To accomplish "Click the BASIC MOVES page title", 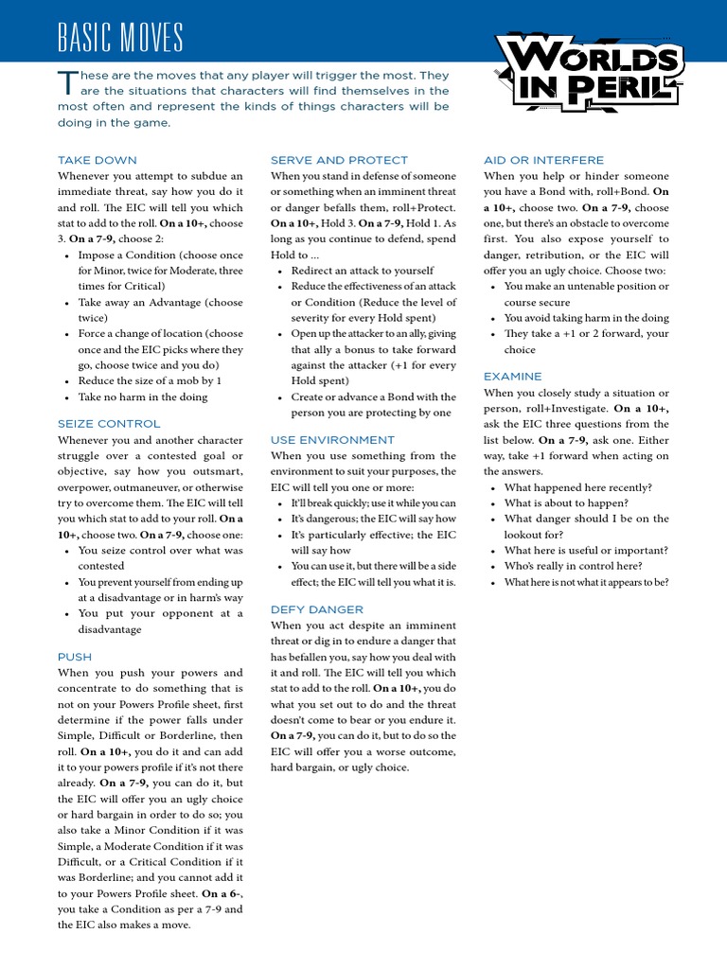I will pos(119,39).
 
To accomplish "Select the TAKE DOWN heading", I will pos(97,160).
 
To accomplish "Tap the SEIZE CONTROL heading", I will pos(109,424).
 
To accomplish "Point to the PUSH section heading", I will pos(75,656).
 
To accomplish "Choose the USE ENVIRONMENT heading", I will pos(332,440).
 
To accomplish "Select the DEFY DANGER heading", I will pos(317,609).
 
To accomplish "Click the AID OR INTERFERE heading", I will pos(543,160).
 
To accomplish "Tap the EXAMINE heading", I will pos(513,377).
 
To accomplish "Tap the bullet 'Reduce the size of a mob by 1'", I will pos(150,381).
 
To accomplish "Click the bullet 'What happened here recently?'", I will pos(577,487).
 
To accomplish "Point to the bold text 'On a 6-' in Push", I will pos(224,893).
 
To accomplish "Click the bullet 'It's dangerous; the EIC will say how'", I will pos(373,519).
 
